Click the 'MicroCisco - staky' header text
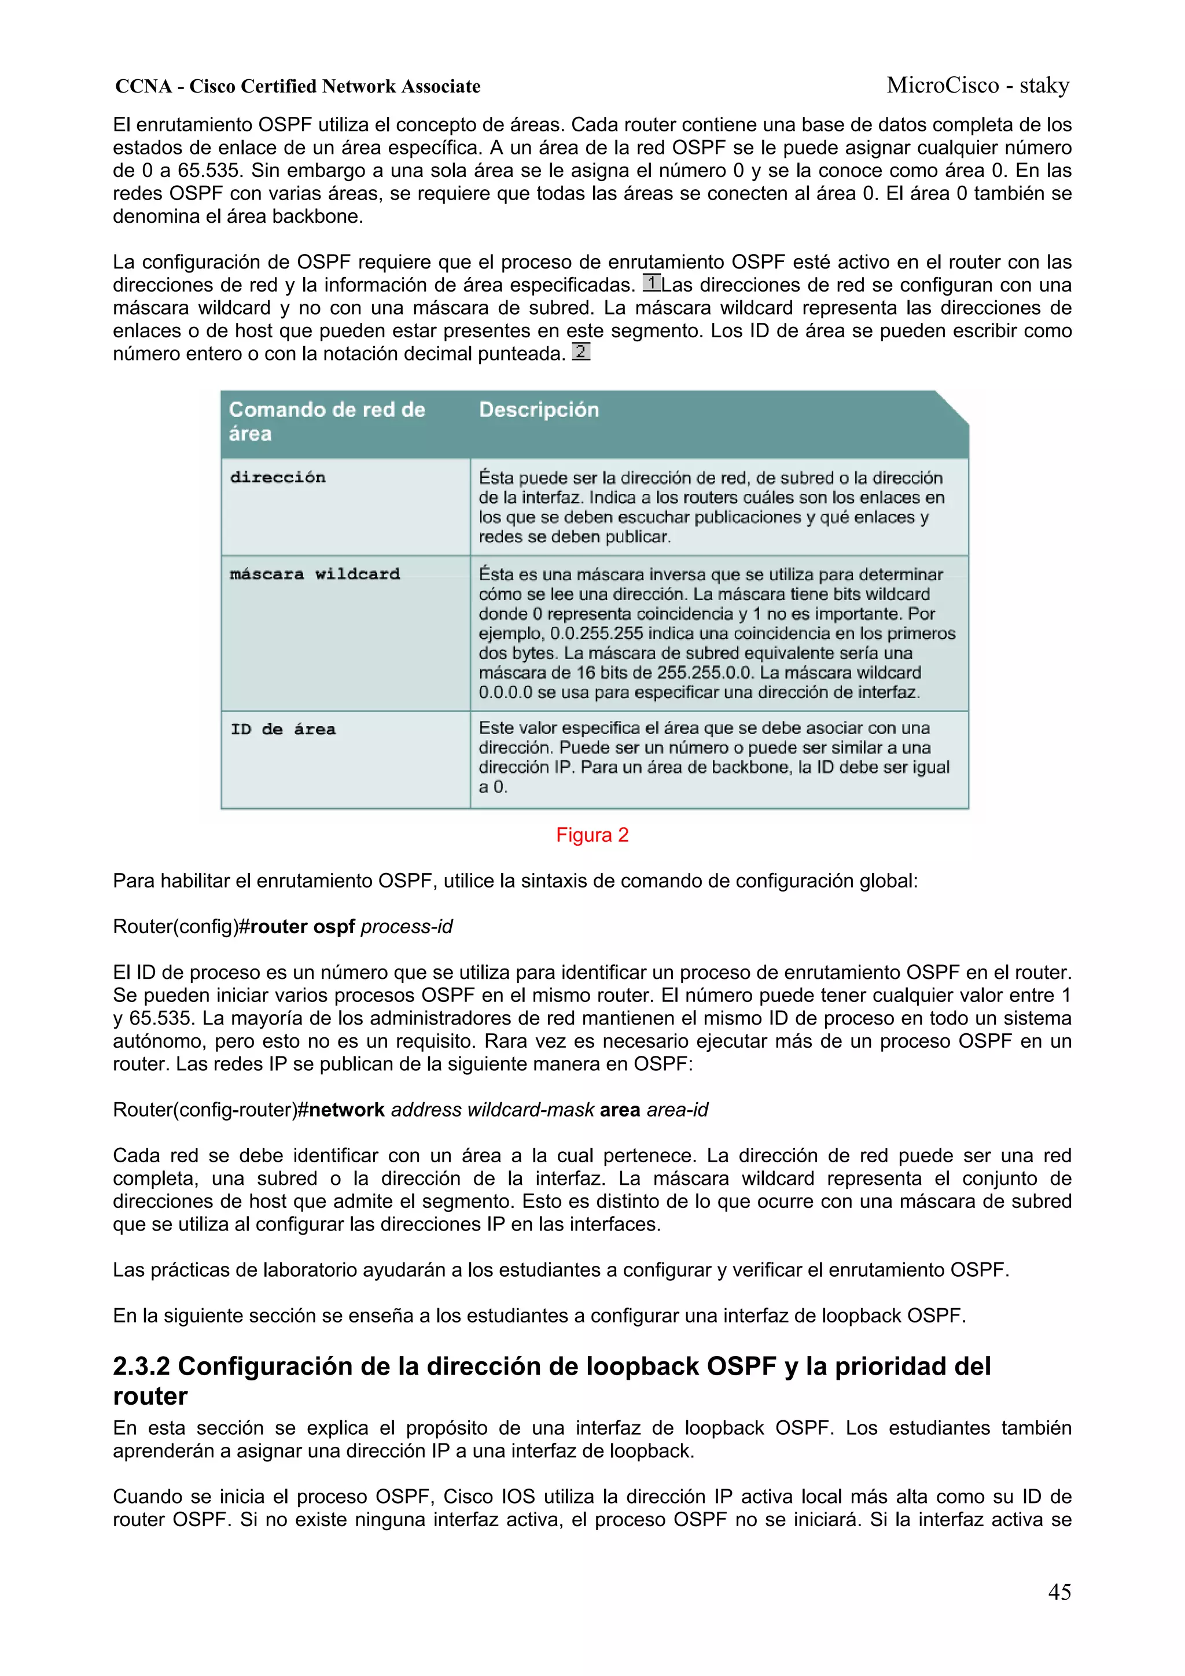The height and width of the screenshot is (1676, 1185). tap(978, 86)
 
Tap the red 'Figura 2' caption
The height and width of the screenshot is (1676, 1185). tap(591, 834)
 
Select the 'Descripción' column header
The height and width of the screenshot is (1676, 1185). tap(538, 410)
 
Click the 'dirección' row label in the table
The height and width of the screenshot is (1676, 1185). tap(278, 477)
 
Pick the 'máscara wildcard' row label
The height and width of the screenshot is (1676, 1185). tap(315, 574)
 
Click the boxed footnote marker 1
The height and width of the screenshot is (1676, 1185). tap(652, 282)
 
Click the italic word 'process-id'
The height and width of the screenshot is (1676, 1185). tap(407, 926)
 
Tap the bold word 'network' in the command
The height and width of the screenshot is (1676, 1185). tap(346, 1110)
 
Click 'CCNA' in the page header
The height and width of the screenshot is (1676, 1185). tap(143, 86)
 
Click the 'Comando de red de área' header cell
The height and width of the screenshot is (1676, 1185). tap(326, 421)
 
